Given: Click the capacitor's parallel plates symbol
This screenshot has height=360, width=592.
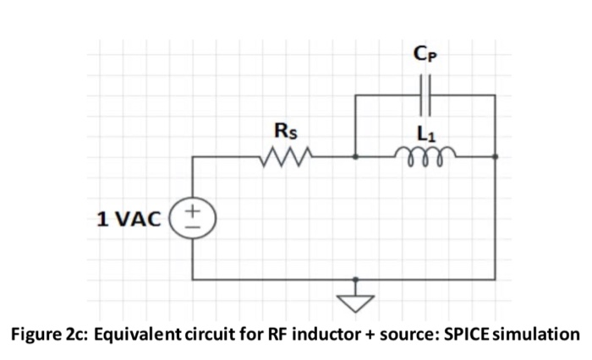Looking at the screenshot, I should (x=425, y=95).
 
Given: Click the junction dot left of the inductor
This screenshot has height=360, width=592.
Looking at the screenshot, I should (x=354, y=156).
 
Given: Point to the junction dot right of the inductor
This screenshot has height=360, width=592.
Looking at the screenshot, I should (x=495, y=156).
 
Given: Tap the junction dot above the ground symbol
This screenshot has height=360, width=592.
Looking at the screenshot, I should (x=354, y=279).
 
